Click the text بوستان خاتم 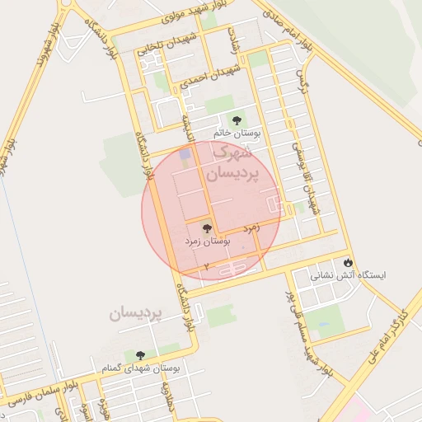(237, 133)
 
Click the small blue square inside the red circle (185, 154)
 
